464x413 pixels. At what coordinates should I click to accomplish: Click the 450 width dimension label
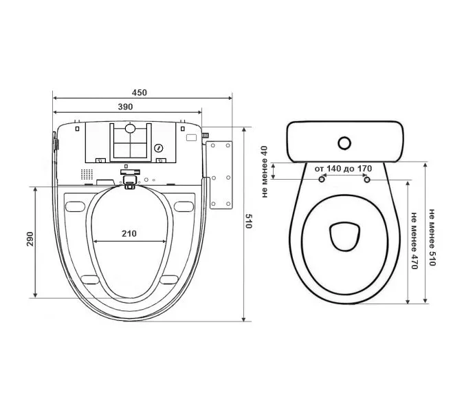coord(139,93)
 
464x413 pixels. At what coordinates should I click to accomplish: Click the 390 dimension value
coord(126,107)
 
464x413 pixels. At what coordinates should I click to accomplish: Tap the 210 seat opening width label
coord(129,234)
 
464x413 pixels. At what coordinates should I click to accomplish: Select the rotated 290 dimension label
coord(30,239)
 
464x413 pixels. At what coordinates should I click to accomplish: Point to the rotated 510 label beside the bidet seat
coord(249,222)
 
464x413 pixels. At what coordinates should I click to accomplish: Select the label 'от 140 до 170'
coord(343,169)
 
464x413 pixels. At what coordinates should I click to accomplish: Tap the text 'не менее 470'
coord(415,240)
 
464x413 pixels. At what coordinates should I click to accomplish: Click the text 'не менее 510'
coord(432,237)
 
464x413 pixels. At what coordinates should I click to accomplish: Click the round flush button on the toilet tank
coord(344,143)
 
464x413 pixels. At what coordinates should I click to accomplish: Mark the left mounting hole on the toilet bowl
coord(322,179)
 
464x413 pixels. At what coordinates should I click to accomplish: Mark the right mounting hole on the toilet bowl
coord(367,180)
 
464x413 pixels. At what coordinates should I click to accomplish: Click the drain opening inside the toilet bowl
coord(345,236)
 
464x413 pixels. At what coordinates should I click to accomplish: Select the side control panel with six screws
coord(220,175)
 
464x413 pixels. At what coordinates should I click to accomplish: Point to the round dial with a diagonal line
coord(159,148)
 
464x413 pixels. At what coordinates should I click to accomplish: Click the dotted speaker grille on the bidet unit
coord(87,175)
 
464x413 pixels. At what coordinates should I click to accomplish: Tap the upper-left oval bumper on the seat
coord(75,206)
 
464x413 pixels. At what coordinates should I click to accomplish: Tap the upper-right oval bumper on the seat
coord(184,206)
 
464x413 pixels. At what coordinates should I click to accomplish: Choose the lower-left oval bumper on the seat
coord(90,279)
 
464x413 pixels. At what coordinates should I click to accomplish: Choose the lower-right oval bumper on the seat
coord(169,279)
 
